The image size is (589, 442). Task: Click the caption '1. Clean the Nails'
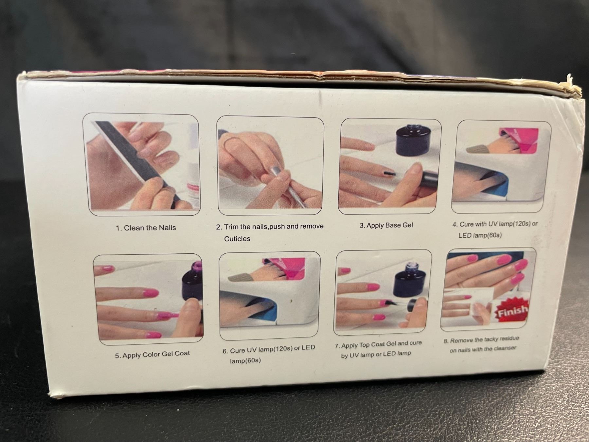click(146, 228)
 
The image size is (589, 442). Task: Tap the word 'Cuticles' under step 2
click(237, 239)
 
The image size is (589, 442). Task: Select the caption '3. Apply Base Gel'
click(386, 225)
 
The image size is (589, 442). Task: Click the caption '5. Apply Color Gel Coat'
click(152, 354)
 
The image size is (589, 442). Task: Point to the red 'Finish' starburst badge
click(512, 311)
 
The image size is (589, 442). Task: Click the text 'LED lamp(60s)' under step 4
click(480, 235)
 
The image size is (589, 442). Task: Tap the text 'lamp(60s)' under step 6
click(245, 361)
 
